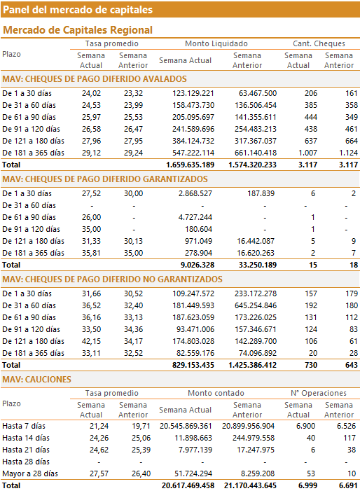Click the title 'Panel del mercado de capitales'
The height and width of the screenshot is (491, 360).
click(78, 10)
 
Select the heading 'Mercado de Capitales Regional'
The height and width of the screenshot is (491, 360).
click(78, 30)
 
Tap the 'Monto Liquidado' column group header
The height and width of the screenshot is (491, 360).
click(216, 43)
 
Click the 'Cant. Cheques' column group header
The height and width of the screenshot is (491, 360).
click(319, 43)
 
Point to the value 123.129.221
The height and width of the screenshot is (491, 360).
click(193, 93)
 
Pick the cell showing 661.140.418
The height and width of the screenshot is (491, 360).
click(256, 153)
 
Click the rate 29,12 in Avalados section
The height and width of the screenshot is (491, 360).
click(92, 153)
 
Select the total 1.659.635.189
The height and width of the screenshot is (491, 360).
click(191, 165)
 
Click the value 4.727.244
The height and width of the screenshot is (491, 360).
click(195, 217)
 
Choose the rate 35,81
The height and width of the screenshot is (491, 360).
click(92, 253)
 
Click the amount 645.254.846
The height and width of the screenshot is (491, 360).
click(256, 305)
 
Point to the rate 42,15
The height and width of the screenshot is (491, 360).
click(92, 341)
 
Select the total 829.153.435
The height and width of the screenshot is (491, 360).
click(193, 365)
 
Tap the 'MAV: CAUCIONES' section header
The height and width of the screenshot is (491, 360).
click(36, 380)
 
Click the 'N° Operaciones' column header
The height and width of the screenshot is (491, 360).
click(319, 393)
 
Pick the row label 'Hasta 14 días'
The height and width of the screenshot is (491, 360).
click(26, 438)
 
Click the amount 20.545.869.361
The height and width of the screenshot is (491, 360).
click(186, 426)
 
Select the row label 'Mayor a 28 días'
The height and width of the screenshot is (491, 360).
click(30, 473)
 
